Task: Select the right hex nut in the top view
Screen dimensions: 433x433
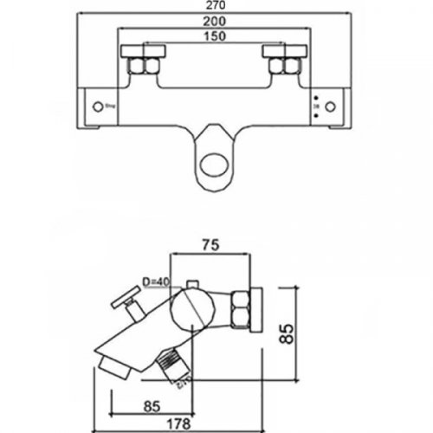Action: [x=286, y=65]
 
